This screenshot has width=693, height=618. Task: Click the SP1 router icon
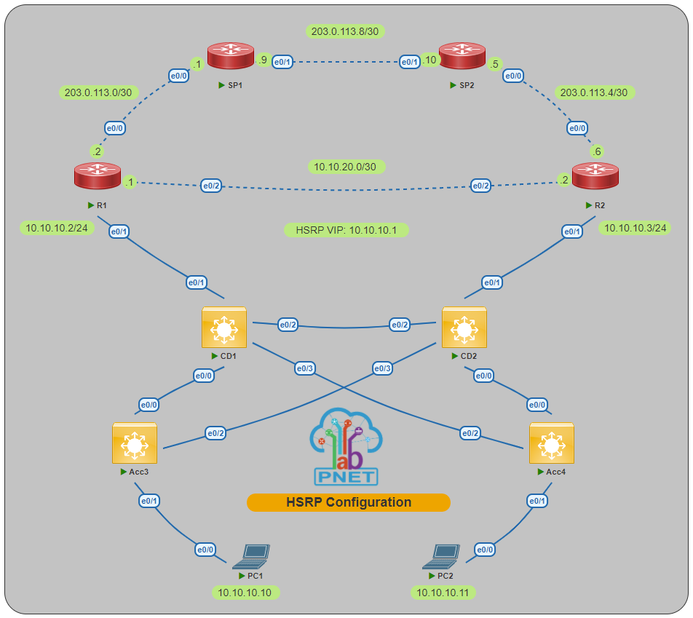pos(230,57)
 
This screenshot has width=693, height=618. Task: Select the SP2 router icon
pos(462,57)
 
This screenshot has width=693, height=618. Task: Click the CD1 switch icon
pos(223,329)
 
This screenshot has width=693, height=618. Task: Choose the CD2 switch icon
pos(464,329)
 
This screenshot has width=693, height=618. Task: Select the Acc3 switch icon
pos(135,444)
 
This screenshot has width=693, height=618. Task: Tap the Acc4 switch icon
pos(551,444)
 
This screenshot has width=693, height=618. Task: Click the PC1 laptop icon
pos(251,557)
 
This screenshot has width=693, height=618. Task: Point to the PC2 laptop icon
pos(442,557)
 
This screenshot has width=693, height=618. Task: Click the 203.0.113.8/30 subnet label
pos(348,31)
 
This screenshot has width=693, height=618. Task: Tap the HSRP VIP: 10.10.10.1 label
pos(346,230)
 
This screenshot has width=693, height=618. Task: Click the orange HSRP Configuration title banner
pos(348,502)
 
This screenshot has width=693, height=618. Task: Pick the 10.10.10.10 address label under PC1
pos(245,593)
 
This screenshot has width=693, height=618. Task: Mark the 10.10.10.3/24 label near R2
pos(634,228)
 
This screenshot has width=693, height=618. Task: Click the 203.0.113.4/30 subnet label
pos(595,92)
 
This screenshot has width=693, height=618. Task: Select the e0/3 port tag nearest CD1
pos(305,369)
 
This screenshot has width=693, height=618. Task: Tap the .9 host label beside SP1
pos(263,60)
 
